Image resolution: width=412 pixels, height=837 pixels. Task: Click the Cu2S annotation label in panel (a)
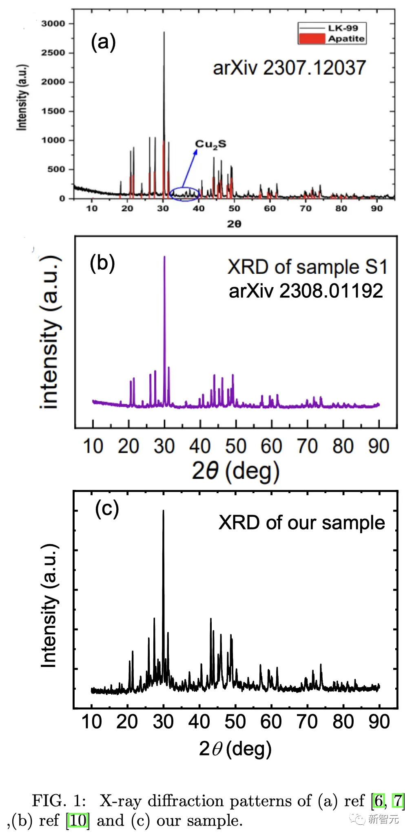tap(210, 144)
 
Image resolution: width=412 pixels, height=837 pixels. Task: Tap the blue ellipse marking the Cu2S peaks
tap(185, 193)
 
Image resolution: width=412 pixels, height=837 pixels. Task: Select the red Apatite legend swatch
tap(312, 38)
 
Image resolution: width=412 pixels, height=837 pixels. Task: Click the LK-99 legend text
tap(343, 28)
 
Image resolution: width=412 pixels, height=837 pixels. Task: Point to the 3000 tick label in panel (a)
tap(53, 24)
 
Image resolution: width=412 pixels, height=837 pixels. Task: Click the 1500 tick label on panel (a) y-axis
tap(53, 111)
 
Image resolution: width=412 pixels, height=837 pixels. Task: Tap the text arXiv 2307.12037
tap(289, 68)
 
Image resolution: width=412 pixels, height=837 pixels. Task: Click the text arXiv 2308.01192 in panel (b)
tap(306, 291)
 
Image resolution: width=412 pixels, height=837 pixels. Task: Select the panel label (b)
tap(102, 263)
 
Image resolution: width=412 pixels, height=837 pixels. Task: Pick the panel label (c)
tap(107, 509)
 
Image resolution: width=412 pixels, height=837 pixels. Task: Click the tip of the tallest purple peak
tap(164, 257)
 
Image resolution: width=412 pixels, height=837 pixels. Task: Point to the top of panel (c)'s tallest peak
tap(163, 511)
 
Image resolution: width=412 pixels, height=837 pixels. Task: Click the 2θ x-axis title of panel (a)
tap(234, 224)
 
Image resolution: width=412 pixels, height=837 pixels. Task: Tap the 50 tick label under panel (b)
tap(235, 446)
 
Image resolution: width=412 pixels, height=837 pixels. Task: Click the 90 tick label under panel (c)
tap(379, 722)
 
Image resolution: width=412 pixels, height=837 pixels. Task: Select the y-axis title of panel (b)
tap(51, 332)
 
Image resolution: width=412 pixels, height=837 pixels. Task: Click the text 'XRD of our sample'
tap(301, 523)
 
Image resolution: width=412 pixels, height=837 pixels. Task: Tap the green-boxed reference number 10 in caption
tap(78, 820)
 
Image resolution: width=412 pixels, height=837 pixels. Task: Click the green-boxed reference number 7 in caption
tap(398, 801)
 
